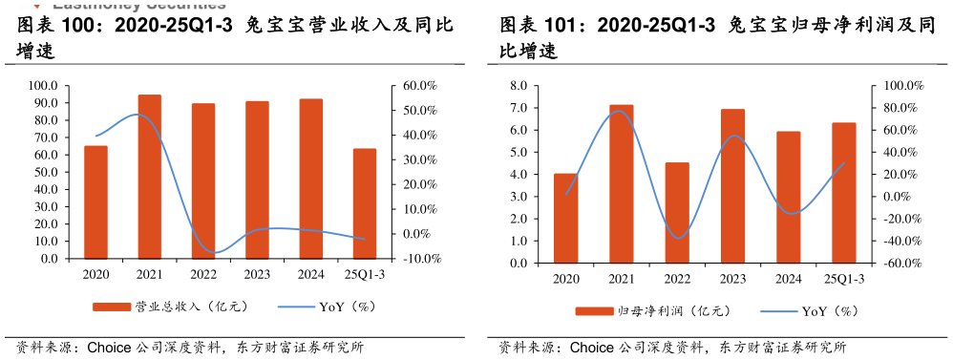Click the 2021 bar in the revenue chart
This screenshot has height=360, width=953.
pos(149,177)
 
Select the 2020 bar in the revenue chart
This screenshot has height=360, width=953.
pos(95,201)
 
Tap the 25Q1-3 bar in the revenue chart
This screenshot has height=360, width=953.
pos(365,203)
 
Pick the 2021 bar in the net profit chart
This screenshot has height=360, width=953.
pos(622,183)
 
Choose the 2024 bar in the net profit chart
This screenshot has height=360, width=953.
pos(789,197)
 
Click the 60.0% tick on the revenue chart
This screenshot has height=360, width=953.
pos(419,86)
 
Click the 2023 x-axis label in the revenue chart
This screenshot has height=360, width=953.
pos(257,275)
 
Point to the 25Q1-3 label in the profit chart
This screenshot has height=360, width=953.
pos(844,280)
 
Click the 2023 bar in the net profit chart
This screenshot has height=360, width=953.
pos(732,186)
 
